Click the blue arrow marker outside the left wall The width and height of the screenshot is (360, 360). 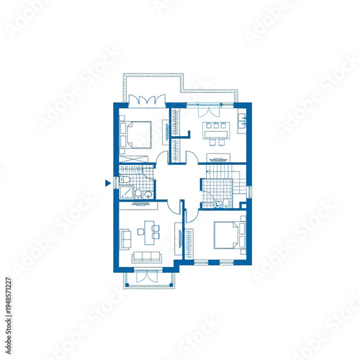(x=107, y=184)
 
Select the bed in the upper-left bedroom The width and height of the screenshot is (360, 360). (x=137, y=133)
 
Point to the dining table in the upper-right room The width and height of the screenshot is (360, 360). (x=215, y=130)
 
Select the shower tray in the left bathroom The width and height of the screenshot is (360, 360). (x=126, y=192)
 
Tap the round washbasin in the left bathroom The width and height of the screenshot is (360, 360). (x=148, y=193)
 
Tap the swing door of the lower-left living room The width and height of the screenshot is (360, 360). (x=174, y=206)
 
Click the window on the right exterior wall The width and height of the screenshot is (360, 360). (x=249, y=192)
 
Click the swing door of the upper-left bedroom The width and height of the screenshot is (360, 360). (x=162, y=158)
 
